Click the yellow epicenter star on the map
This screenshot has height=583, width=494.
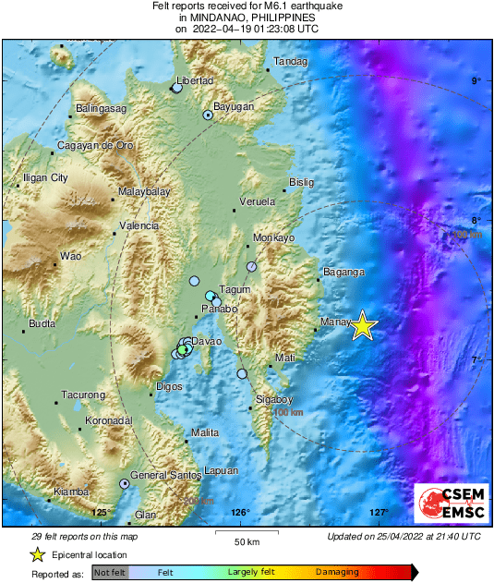[x=364, y=325]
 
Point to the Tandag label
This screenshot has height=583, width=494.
[x=290, y=62]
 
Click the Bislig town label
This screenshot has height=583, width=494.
[x=302, y=182]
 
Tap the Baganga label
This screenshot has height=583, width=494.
[x=343, y=273]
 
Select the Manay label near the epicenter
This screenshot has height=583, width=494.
[x=333, y=322]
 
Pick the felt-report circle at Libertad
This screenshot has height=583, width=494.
[x=176, y=88]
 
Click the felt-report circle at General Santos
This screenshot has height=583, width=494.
[x=124, y=483]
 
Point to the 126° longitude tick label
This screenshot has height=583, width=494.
[x=240, y=513]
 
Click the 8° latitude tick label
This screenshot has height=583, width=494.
[x=476, y=220]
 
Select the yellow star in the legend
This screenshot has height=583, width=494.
[x=37, y=554]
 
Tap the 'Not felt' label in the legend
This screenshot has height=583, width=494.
[x=110, y=573]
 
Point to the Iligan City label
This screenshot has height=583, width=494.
[x=46, y=177]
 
